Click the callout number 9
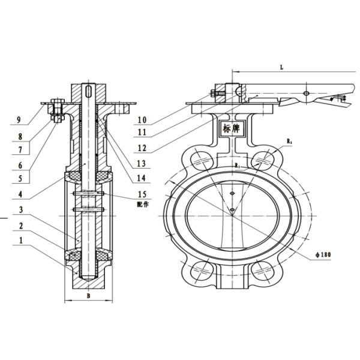[19, 121]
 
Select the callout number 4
[19, 194]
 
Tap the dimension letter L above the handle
[281, 68]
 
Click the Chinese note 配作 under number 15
[143, 203]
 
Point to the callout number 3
[19, 210]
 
